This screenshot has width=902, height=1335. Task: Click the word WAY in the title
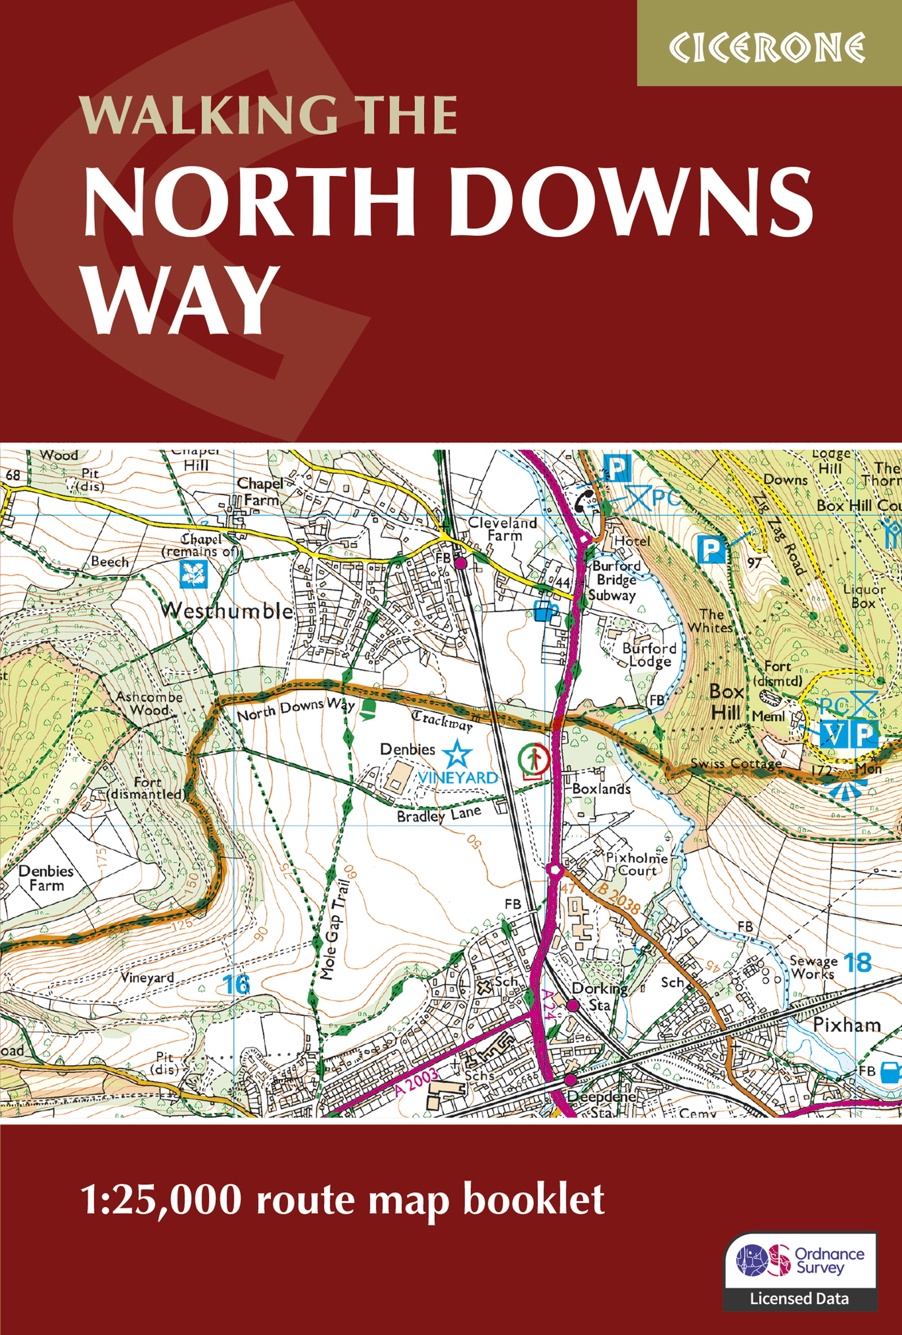(x=179, y=301)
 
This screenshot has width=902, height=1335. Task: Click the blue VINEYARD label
(x=458, y=778)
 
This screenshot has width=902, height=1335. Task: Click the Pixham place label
(x=846, y=1025)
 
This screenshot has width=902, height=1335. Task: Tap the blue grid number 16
(x=236, y=985)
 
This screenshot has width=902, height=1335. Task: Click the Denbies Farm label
(x=46, y=878)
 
